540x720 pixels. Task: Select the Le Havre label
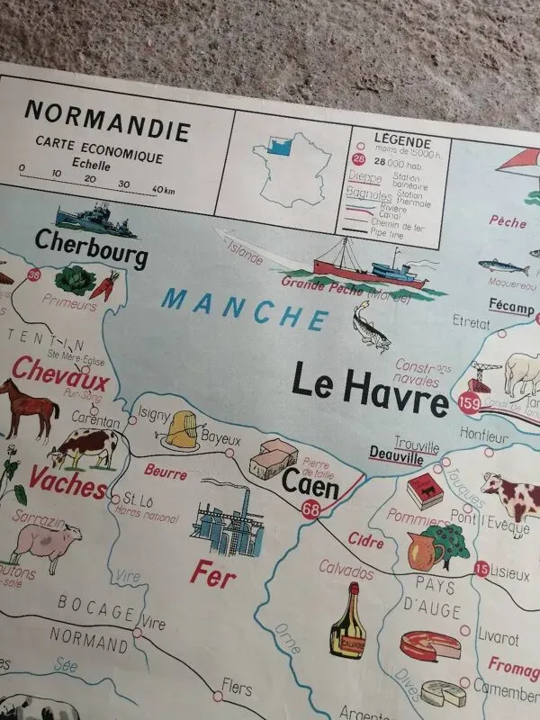(369, 391)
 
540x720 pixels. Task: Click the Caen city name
(310, 486)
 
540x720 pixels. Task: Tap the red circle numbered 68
(311, 510)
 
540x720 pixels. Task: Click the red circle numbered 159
(468, 402)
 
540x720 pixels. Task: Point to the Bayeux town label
(221, 439)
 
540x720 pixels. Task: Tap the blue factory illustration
(229, 522)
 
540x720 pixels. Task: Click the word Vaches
(67, 478)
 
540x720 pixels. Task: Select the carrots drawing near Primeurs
(103, 285)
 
